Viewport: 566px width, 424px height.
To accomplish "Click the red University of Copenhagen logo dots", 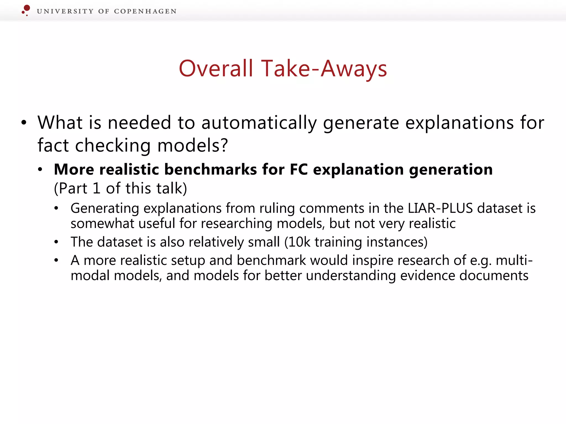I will [x=26, y=10].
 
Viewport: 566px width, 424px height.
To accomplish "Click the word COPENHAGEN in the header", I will [x=145, y=11].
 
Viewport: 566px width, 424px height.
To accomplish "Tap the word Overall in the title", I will [x=216, y=68].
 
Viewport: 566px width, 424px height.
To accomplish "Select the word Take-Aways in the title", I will [x=324, y=68].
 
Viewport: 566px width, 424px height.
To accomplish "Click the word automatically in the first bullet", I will [x=259, y=123].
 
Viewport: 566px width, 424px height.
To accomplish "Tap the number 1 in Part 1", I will [x=96, y=189].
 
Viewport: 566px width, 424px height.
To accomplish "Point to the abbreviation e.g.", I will [x=481, y=261].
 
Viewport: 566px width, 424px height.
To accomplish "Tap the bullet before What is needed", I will [x=24, y=123].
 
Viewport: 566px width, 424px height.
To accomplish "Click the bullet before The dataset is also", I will [x=56, y=242].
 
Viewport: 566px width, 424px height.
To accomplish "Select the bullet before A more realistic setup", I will [x=56, y=260].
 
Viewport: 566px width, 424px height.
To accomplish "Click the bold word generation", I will [x=451, y=169].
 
